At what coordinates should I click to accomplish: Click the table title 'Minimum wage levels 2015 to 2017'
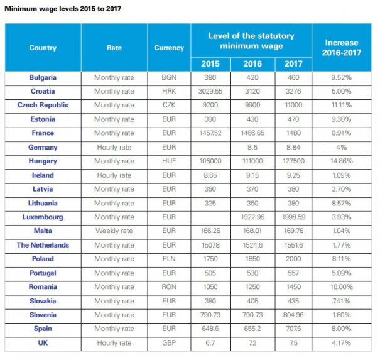pos(63,9)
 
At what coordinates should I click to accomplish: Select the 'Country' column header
pos(43,48)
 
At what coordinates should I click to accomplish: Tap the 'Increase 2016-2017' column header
pos(342,48)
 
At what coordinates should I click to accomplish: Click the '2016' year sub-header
pos(252,63)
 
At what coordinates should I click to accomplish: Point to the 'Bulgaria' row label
pos(43,77)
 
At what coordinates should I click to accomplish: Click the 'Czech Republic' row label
pos(43,105)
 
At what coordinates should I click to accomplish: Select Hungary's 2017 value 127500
pos(293,161)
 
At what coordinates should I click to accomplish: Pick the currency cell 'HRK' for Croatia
pos(169,91)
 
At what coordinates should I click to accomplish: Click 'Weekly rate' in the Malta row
pos(114,231)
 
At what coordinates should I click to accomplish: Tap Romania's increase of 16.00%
pos(342,286)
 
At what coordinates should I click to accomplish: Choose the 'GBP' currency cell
pos(169,343)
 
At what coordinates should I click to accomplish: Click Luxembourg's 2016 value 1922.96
pos(252,217)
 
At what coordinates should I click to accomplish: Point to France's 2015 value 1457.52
pos(210,133)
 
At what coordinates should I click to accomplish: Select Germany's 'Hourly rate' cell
pos(114,147)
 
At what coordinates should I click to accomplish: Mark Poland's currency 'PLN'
pos(169,259)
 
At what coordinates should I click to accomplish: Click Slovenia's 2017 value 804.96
pos(293,315)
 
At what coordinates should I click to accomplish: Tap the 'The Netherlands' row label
pos(43,245)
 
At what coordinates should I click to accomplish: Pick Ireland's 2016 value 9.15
pos(252,175)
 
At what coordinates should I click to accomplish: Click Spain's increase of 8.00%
pos(342,329)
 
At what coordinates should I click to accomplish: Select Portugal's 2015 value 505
pos(210,273)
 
